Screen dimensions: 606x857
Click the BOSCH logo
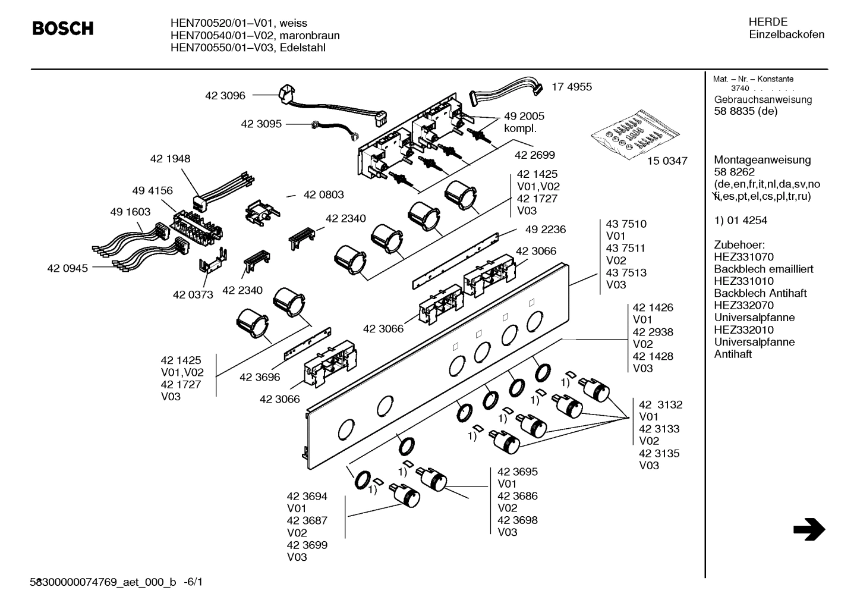click(62, 28)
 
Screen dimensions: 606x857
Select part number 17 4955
click(572, 87)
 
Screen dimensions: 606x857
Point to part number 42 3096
click(225, 95)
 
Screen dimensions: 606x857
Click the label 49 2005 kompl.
click(524, 122)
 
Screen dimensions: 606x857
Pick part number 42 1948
click(170, 159)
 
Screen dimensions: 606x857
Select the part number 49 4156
click(152, 190)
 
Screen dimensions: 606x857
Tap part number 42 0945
click(67, 268)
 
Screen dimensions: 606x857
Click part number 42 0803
click(323, 194)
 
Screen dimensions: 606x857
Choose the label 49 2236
click(545, 230)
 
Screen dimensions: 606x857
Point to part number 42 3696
click(260, 377)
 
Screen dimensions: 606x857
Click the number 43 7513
click(626, 273)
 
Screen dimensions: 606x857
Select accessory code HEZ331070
click(743, 257)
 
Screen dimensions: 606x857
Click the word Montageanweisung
click(762, 160)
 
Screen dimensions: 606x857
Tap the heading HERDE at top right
click(768, 22)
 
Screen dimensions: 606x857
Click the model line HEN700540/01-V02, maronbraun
click(255, 36)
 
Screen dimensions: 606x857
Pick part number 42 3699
click(307, 545)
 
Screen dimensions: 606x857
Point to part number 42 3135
click(659, 453)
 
